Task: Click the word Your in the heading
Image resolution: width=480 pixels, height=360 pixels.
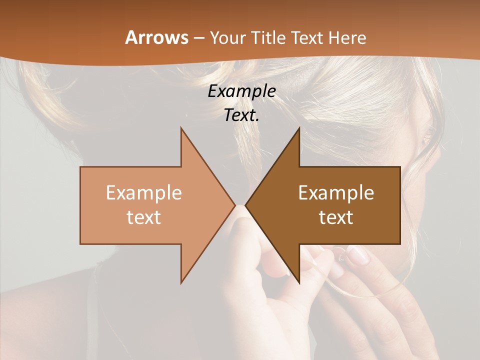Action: coord(227,37)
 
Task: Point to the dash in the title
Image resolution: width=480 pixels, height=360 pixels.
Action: coord(199,38)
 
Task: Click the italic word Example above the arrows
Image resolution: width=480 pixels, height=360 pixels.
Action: coord(241,91)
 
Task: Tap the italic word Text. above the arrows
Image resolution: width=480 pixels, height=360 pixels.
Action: coord(241,115)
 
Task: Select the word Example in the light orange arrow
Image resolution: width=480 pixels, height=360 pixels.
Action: coord(144,193)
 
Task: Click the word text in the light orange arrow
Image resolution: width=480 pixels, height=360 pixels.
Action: coord(144,217)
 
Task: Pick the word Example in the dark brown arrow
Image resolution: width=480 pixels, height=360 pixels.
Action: coord(336,193)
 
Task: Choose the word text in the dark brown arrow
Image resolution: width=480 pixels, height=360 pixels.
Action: coord(336,217)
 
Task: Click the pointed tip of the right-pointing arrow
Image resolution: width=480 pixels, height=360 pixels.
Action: coord(235,205)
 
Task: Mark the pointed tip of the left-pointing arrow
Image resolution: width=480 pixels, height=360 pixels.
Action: coord(245,205)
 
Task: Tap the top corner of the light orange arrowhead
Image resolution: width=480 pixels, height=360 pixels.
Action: coord(181,127)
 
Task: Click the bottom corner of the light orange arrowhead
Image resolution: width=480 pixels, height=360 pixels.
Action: coord(181,283)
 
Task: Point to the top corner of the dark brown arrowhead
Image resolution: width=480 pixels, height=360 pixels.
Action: coord(299,127)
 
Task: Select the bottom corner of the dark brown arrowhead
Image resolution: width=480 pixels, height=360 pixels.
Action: coord(299,283)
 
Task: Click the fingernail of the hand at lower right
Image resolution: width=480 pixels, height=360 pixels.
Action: coord(357,255)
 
